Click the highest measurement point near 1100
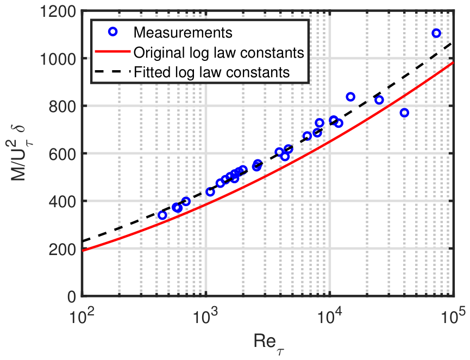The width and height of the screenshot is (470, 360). click(436, 34)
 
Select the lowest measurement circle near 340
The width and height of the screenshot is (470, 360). click(162, 215)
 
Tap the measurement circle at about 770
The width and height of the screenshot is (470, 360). click(404, 113)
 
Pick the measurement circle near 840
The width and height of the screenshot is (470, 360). click(350, 97)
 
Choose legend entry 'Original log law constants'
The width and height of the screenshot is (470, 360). click(218, 53)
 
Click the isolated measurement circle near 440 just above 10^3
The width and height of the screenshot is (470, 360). click(210, 192)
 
